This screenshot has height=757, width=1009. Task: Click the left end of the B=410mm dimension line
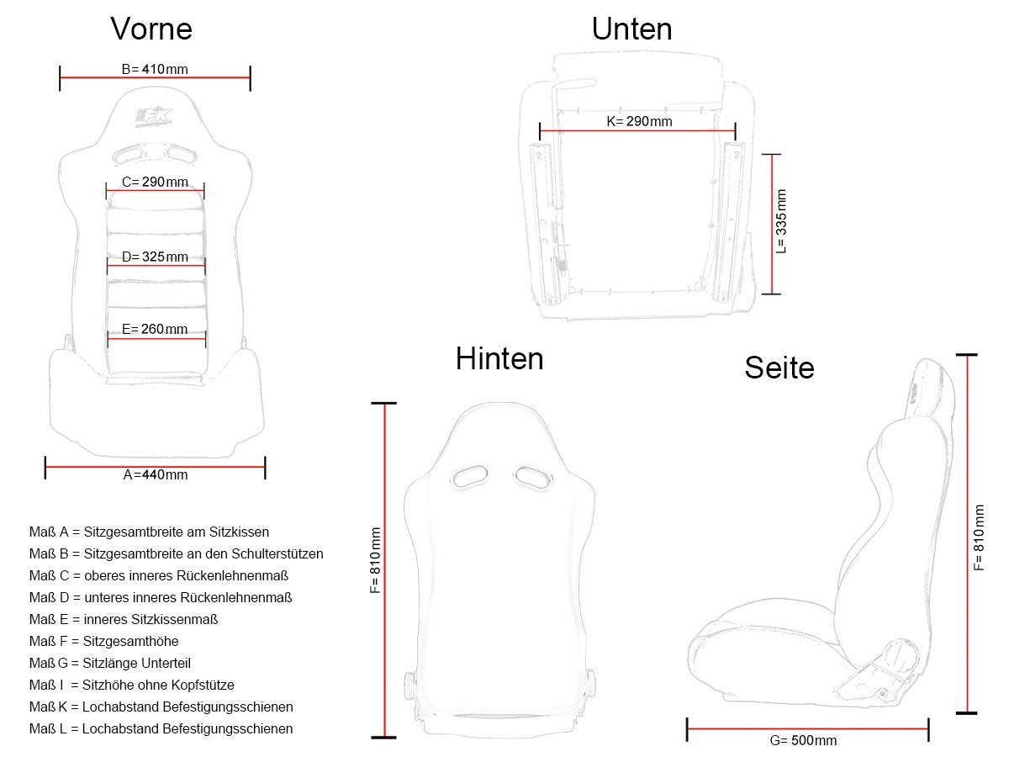[60, 77]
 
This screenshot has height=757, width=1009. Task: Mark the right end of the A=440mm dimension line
[265, 467]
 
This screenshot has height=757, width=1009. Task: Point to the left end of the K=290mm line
[540, 131]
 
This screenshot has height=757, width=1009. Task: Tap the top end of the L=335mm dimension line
[771, 155]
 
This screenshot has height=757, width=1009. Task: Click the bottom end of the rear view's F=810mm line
[383, 738]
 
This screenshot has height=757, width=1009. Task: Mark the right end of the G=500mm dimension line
[928, 729]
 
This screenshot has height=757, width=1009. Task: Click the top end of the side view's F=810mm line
[967, 355]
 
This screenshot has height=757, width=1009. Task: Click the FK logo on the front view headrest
[154, 117]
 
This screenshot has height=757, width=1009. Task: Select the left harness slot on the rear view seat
[470, 477]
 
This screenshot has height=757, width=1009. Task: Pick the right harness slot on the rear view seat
[533, 477]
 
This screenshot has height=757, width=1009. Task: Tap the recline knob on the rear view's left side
[408, 686]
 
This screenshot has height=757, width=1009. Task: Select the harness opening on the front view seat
[155, 154]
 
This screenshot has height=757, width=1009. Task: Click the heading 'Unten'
[631, 29]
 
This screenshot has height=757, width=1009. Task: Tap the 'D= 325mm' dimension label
[155, 257]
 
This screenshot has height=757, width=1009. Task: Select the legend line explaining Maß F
[104, 641]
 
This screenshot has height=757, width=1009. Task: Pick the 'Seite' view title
[779, 368]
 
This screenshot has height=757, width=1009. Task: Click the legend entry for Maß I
[131, 685]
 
